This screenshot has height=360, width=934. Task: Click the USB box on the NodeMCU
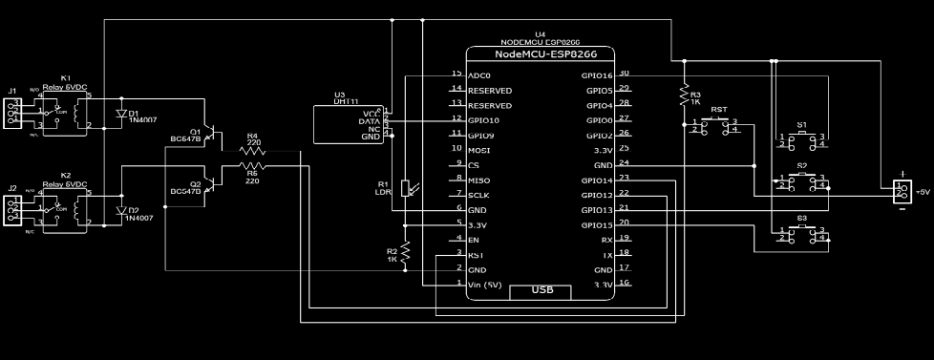pyautogui.click(x=542, y=290)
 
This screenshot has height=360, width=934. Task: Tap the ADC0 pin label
pyautogui.click(x=479, y=74)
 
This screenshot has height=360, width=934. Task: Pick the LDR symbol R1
pyautogui.click(x=407, y=188)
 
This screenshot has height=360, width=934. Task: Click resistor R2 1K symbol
pyautogui.click(x=406, y=251)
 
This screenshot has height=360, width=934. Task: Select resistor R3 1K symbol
pyautogui.click(x=684, y=95)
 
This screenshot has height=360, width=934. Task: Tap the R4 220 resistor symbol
pyautogui.click(x=251, y=151)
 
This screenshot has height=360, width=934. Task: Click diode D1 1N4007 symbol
pyautogui.click(x=121, y=113)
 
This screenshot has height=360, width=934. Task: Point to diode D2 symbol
pyautogui.click(x=121, y=210)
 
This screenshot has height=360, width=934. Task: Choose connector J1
pyautogui.click(x=12, y=113)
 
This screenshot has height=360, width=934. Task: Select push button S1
pyautogui.click(x=801, y=140)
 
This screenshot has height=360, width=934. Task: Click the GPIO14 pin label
pyautogui.click(x=597, y=180)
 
